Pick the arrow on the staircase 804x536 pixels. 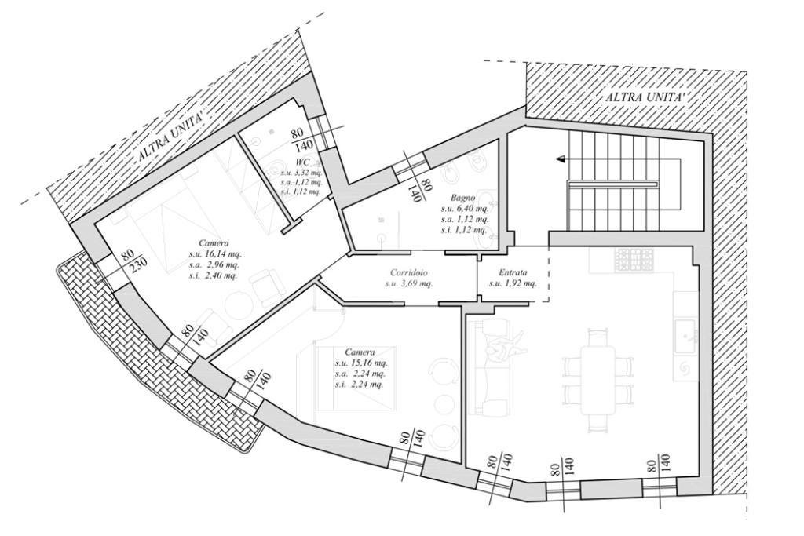pos(561,159)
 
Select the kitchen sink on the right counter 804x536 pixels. pos(685,337)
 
